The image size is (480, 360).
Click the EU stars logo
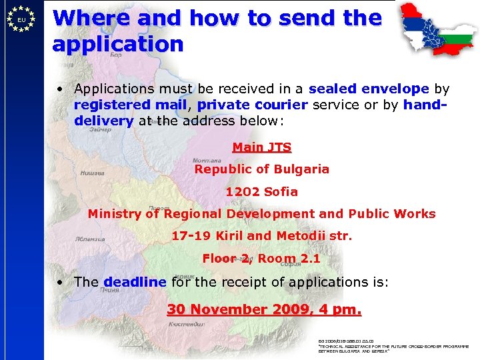(22, 20)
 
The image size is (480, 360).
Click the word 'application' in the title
(117, 45)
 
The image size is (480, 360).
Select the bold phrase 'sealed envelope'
(378, 89)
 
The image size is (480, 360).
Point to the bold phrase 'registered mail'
(129, 105)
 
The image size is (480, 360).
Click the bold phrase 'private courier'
(252, 105)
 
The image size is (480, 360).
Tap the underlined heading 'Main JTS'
(261, 147)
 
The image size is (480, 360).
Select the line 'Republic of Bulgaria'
(261, 169)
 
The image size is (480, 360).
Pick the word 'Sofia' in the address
(281, 192)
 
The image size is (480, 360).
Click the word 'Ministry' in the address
(115, 214)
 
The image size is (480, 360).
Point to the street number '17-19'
(191, 236)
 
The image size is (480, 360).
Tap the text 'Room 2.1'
(289, 259)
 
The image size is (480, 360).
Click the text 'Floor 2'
(227, 259)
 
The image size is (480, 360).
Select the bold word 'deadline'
(135, 282)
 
